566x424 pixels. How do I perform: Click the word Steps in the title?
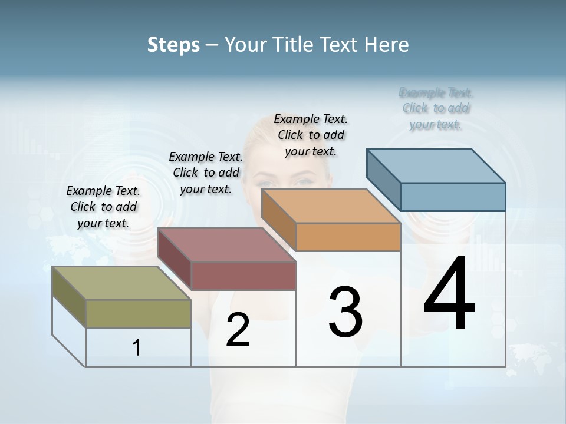click(x=173, y=45)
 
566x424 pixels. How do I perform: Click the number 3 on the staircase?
click(x=345, y=312)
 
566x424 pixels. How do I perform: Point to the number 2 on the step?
click(x=238, y=330)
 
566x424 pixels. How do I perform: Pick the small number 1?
click(x=137, y=348)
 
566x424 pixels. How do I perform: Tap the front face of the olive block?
click(x=138, y=313)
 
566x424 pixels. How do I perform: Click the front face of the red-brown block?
click(x=243, y=276)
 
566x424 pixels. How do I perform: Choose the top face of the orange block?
click(x=331, y=206)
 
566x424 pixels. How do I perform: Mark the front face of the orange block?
click(x=348, y=237)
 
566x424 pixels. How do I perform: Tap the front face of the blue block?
click(x=453, y=197)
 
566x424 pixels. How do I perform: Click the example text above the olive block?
click(x=103, y=207)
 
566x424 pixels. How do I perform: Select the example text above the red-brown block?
click(x=206, y=173)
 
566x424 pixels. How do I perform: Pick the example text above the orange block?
click(x=311, y=135)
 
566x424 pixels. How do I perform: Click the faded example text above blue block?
click(x=436, y=108)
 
